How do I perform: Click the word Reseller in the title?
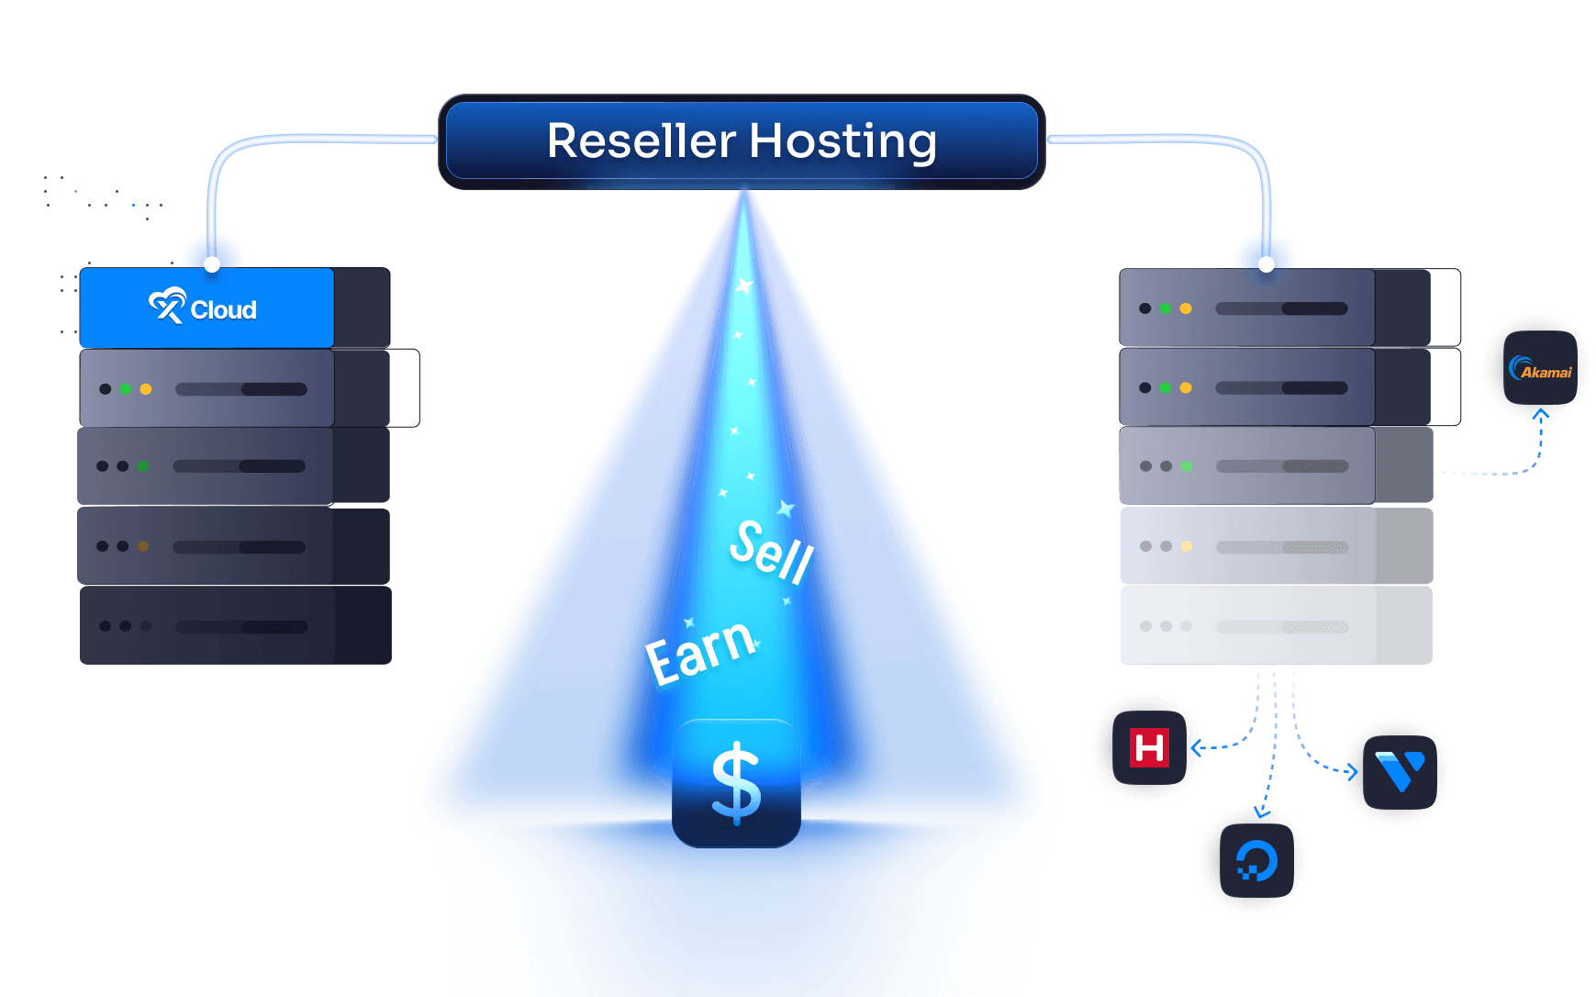(x=641, y=141)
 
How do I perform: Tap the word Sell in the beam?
(x=772, y=551)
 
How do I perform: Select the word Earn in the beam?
(x=701, y=651)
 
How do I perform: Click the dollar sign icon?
(x=736, y=783)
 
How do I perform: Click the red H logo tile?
(x=1148, y=747)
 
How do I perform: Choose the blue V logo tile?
(x=1400, y=770)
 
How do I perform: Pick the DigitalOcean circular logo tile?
(x=1256, y=862)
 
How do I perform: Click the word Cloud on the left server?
(x=224, y=310)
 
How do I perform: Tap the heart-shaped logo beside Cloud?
(x=167, y=306)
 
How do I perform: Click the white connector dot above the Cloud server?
(x=212, y=264)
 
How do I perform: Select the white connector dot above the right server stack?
(x=1267, y=264)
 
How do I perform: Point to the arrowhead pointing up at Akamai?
(x=1541, y=415)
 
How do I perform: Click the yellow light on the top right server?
(x=1186, y=308)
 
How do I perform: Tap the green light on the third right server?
(x=1187, y=466)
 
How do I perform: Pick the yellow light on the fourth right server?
(x=1187, y=546)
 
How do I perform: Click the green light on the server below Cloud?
(x=126, y=389)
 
